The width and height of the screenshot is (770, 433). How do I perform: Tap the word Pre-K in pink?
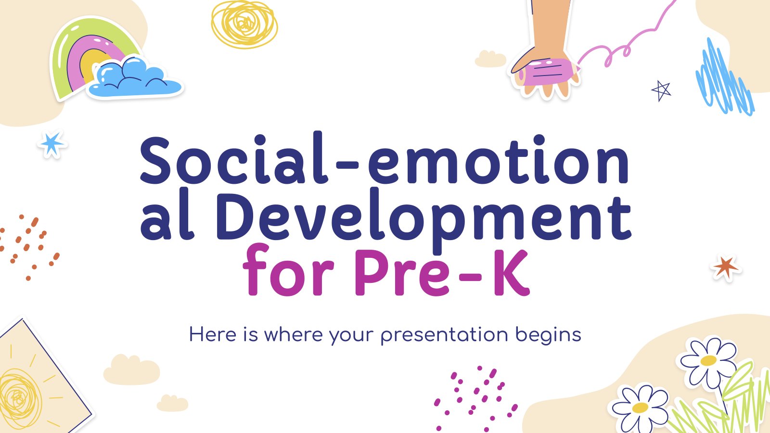(x=442, y=272)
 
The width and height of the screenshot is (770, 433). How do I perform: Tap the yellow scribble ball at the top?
(x=244, y=24)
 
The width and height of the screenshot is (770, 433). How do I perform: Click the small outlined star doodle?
(x=661, y=91)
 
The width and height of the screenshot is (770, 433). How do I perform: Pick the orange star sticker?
(x=725, y=267)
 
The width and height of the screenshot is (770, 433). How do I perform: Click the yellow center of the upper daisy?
(x=708, y=360)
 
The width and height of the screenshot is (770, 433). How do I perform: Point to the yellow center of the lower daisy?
(x=640, y=408)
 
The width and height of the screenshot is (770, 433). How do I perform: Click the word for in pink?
(x=289, y=270)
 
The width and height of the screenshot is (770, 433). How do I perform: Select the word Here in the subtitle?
(x=212, y=334)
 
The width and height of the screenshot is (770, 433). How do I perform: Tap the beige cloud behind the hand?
(x=490, y=59)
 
